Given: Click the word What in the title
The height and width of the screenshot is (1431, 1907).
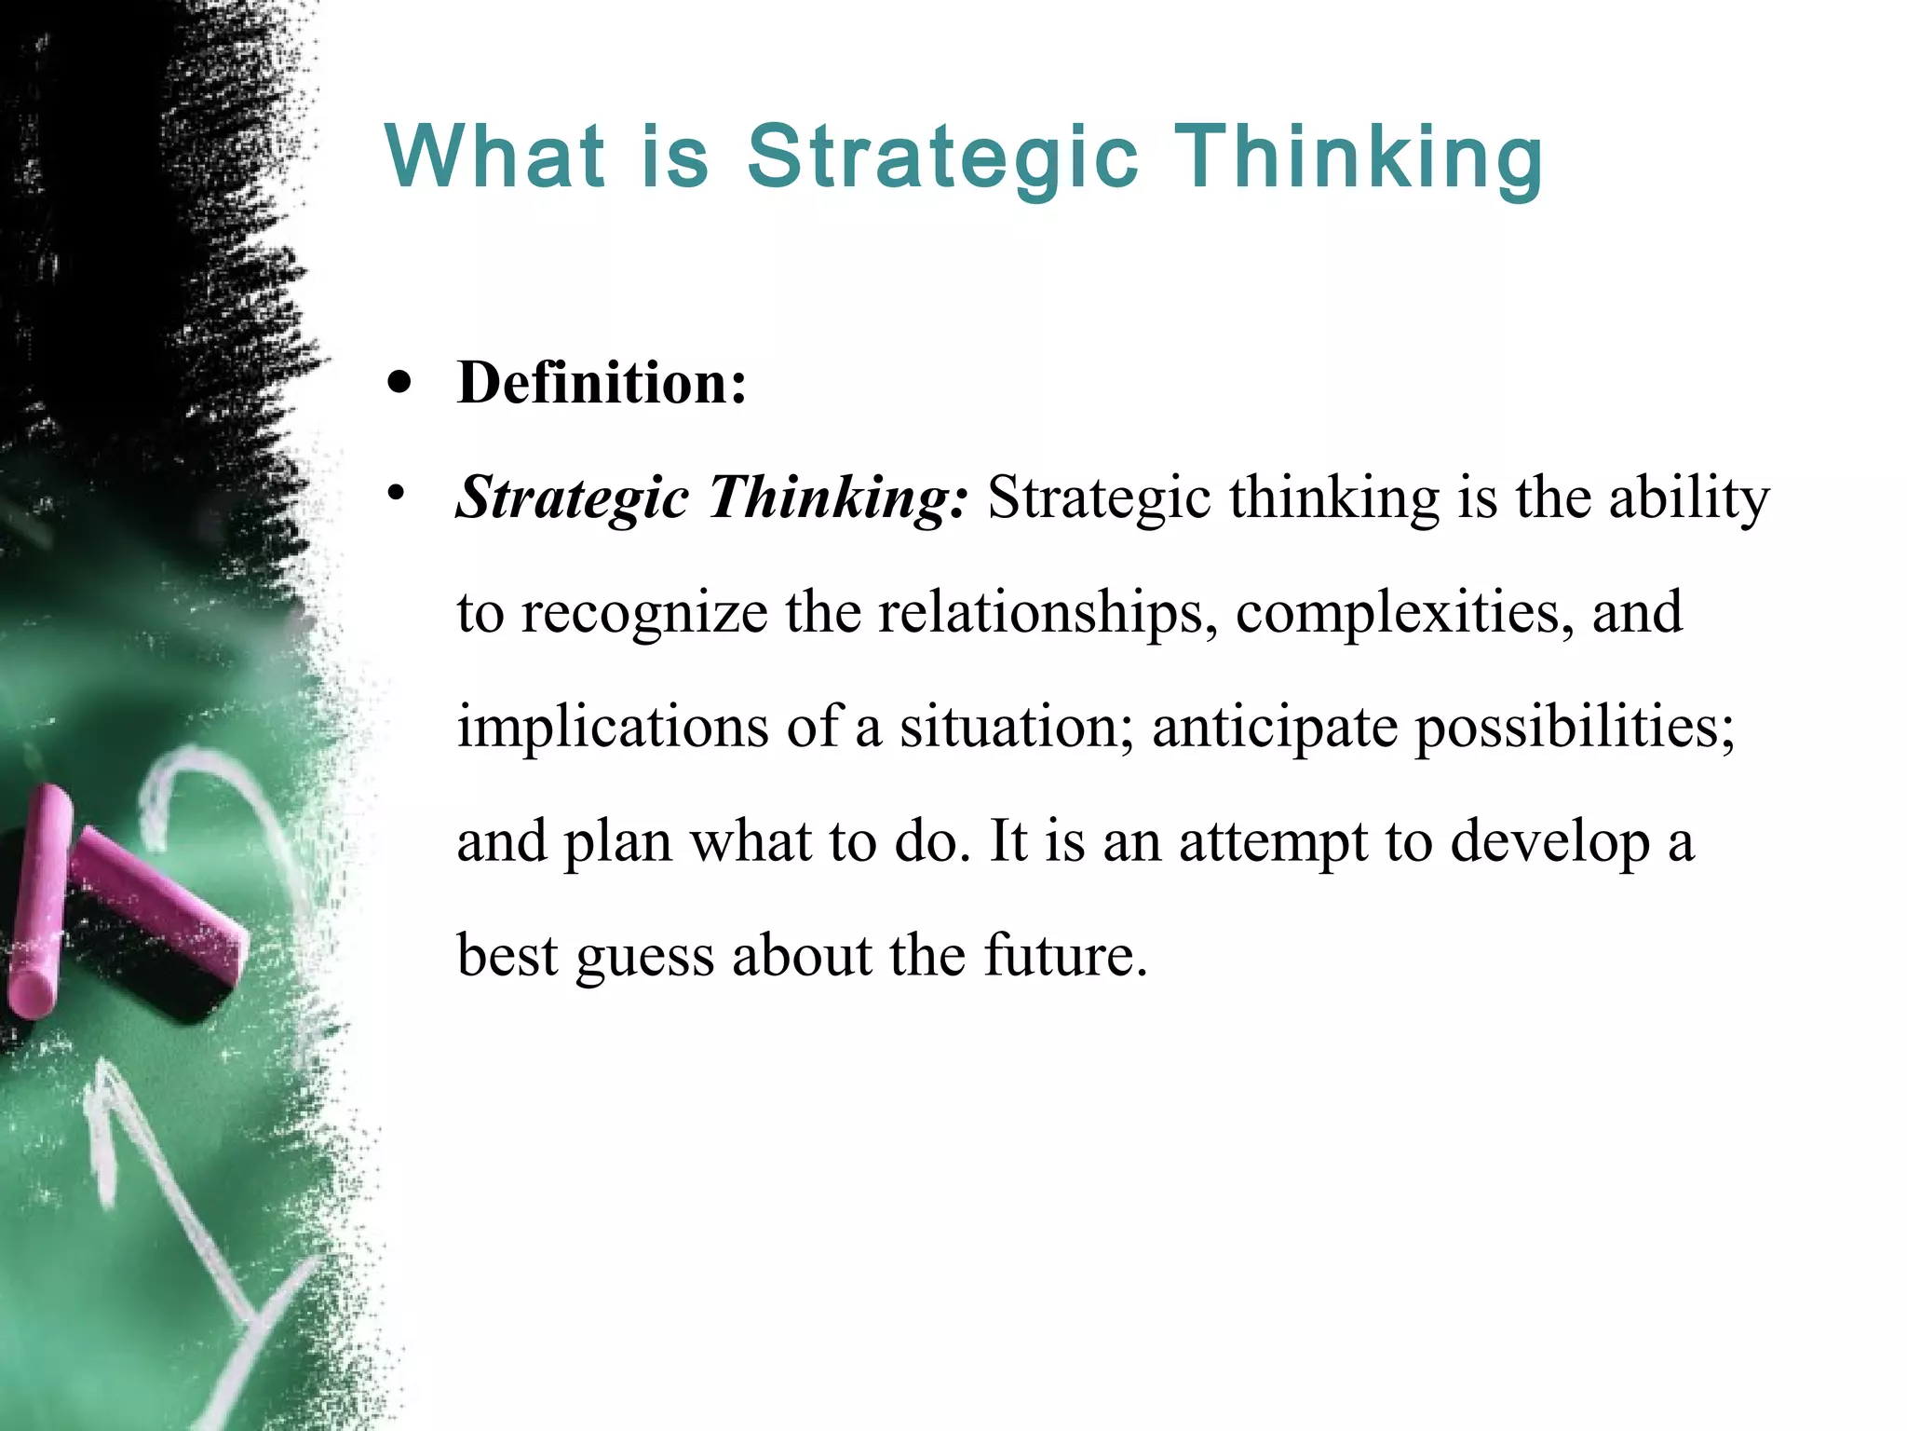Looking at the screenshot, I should (x=494, y=156).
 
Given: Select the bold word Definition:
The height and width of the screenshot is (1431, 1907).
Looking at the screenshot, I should (x=602, y=383).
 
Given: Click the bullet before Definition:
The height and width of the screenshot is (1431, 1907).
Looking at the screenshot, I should (x=400, y=383).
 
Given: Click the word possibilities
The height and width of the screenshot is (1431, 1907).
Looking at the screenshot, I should (x=1575, y=727).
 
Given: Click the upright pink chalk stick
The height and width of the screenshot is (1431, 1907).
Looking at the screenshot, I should (x=39, y=903).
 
